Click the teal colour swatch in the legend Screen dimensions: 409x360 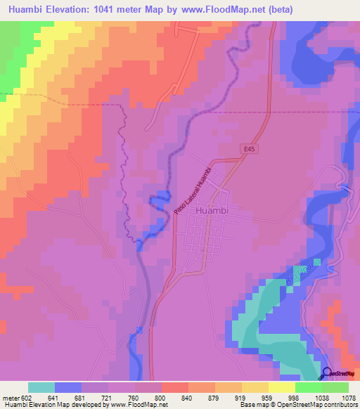41,387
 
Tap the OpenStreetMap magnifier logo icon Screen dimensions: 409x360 326,373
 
